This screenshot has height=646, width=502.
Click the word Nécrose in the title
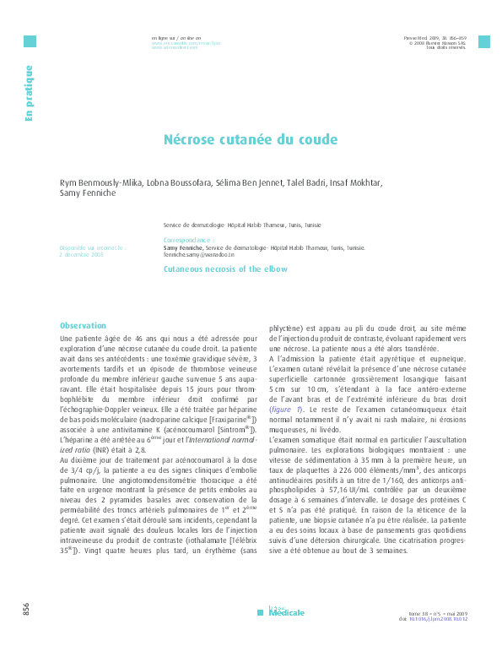[190, 139]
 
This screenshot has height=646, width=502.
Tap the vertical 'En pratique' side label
[30, 94]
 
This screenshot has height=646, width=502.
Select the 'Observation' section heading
[83, 325]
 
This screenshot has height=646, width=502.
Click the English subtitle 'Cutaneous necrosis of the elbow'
[225, 269]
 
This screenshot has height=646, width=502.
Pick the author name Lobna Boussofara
[168, 182]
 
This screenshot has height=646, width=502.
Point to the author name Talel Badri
[300, 182]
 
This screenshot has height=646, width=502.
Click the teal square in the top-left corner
[30, 41]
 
